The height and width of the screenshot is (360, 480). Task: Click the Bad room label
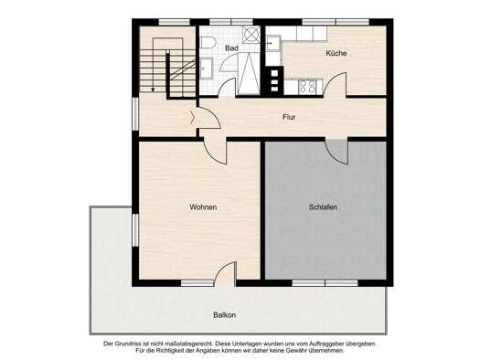click(231, 48)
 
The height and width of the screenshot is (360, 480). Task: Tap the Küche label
click(336, 53)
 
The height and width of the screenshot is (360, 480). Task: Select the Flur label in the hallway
click(289, 117)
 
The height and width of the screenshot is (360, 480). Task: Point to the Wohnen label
click(203, 207)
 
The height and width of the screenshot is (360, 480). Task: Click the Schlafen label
click(323, 207)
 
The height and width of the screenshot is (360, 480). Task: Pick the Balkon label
click(225, 314)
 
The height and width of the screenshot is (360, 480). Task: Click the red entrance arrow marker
click(192, 118)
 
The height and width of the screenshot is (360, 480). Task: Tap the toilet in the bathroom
click(208, 43)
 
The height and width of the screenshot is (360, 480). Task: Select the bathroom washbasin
click(207, 68)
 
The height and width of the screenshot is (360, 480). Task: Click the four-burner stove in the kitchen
click(307, 86)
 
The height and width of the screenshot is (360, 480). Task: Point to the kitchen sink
click(273, 44)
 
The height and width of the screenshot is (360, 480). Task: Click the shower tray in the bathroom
click(249, 73)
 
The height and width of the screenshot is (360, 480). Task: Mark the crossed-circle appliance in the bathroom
click(251, 35)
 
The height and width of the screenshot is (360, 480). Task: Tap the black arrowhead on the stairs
click(153, 90)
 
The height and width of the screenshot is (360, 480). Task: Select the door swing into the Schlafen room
click(336, 152)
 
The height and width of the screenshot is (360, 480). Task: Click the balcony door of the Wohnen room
click(225, 274)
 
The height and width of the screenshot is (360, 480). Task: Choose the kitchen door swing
click(336, 84)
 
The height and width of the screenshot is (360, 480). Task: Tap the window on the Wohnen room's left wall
click(135, 230)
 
